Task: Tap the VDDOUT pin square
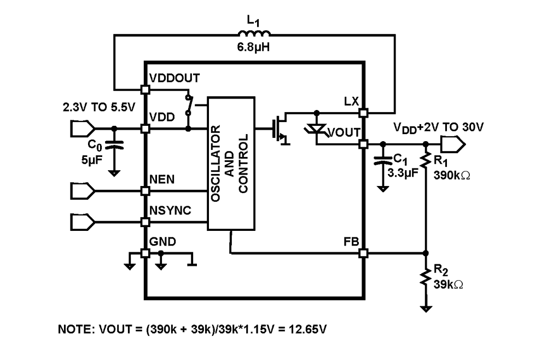point(146,89)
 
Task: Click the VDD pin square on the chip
point(146,129)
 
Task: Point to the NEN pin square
point(146,190)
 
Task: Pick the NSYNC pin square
point(146,222)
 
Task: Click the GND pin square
point(146,253)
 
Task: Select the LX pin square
point(363,112)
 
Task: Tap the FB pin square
point(363,253)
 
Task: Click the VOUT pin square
point(363,144)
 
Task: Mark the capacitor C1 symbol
point(383,162)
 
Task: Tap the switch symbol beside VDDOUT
point(189,107)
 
